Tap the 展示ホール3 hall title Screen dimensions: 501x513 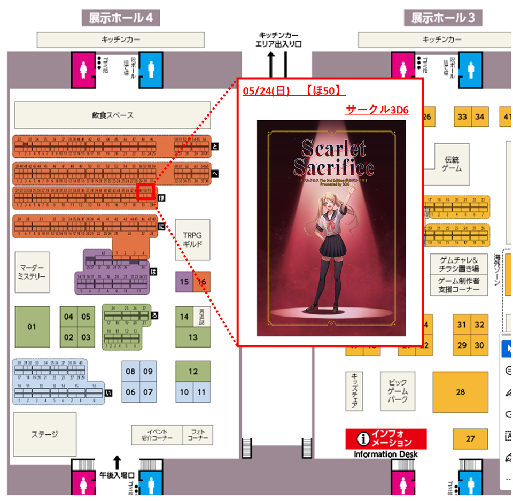(x=443, y=18)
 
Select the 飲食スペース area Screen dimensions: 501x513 (x=112, y=115)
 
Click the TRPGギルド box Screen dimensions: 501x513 (x=192, y=240)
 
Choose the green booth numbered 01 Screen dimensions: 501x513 (x=32, y=326)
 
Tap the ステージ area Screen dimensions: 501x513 (x=44, y=434)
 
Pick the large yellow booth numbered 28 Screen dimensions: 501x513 (x=460, y=392)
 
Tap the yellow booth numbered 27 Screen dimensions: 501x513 (x=470, y=439)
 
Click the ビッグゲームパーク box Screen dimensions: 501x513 (x=397, y=390)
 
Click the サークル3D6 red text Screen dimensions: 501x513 (x=377, y=110)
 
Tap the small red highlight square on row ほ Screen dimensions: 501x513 (x=145, y=192)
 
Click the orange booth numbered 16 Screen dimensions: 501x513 (x=202, y=281)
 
